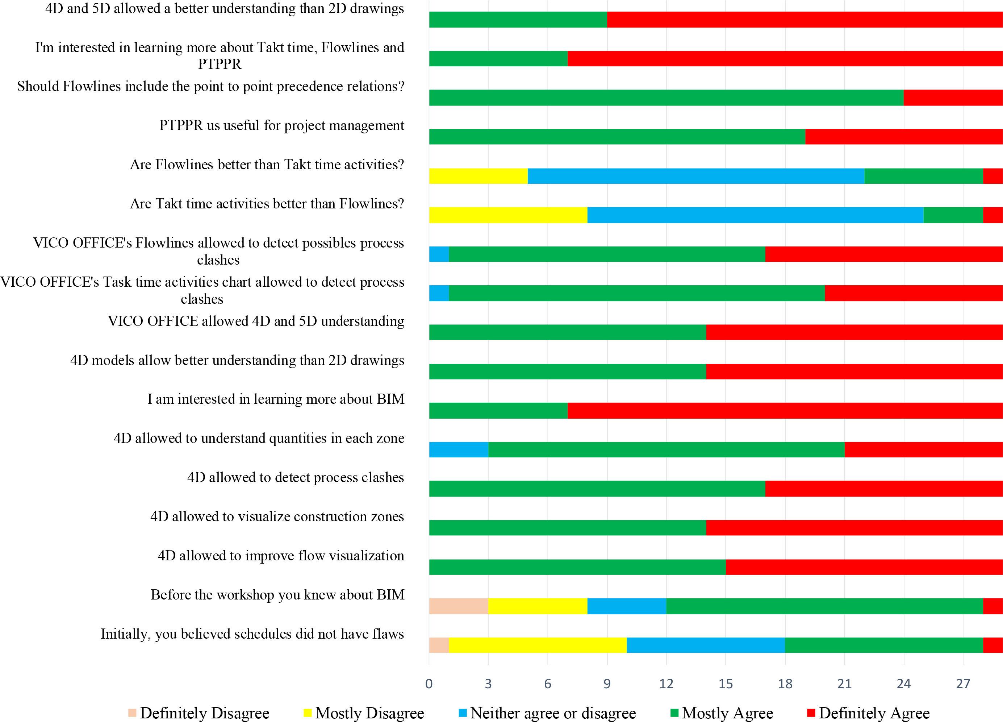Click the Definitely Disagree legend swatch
point(132,713)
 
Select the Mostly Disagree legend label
point(370,713)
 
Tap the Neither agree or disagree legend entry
point(553,713)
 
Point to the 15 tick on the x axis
point(726,684)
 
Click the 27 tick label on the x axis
point(963,684)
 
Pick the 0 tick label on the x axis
point(429,684)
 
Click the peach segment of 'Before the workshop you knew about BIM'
point(458,606)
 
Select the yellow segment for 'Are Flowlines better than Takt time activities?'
point(478,176)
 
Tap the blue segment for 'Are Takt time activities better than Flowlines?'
point(755,215)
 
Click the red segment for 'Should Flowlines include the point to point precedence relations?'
point(953,98)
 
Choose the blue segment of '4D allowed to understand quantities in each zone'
point(458,449)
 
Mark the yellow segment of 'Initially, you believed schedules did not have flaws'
point(538,645)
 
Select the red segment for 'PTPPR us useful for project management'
point(903,137)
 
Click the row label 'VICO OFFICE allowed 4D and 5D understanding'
point(256,321)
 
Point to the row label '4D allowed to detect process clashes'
point(296,477)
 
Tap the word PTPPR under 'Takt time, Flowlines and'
point(220,64)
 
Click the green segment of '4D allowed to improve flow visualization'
point(577,567)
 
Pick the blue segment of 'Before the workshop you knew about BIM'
point(627,606)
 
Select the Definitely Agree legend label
point(874,713)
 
